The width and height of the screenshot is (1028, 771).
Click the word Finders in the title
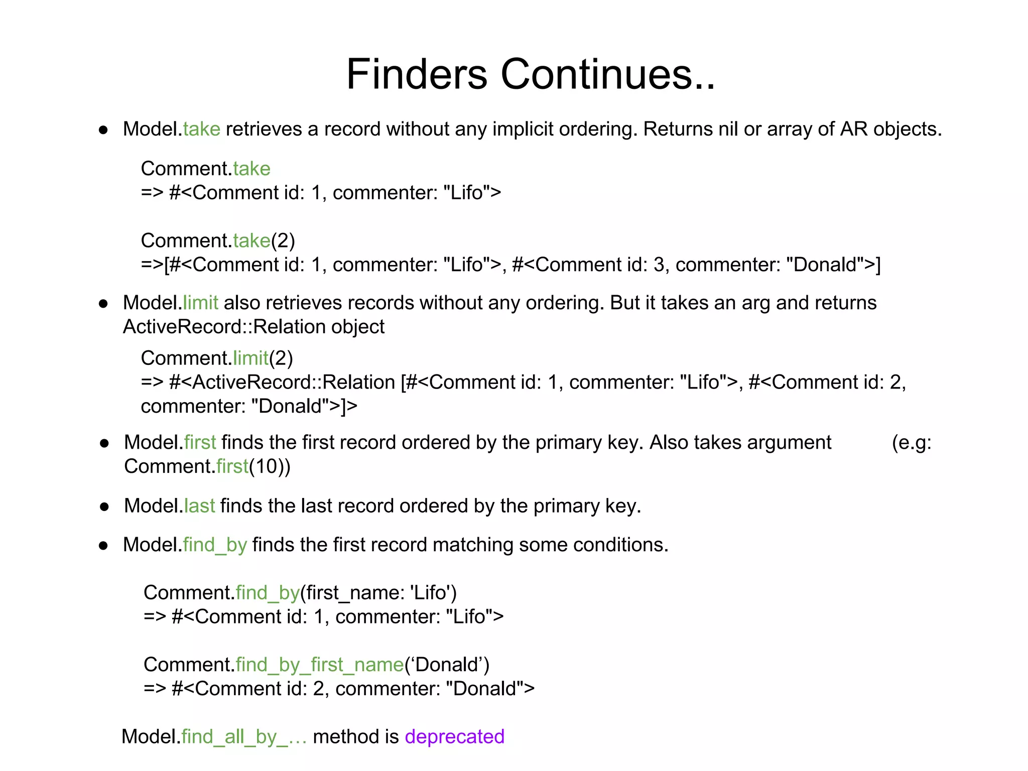click(x=416, y=74)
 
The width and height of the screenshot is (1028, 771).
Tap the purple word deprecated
click(x=454, y=736)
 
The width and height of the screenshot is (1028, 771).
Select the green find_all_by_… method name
click(x=244, y=737)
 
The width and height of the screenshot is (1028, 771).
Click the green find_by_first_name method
click(x=320, y=665)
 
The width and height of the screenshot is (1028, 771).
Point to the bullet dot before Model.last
click(x=104, y=507)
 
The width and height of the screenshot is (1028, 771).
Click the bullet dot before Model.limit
click(x=103, y=304)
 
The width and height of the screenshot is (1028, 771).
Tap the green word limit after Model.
click(x=200, y=303)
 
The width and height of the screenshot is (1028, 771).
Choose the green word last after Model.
click(x=199, y=505)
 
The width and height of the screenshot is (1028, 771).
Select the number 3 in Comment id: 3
click(x=659, y=265)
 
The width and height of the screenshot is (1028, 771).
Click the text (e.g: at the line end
click(x=911, y=443)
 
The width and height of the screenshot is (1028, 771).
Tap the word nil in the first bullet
click(x=728, y=129)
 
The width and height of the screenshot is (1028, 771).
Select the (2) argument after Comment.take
click(x=283, y=241)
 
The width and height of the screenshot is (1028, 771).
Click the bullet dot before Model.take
click(x=103, y=130)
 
